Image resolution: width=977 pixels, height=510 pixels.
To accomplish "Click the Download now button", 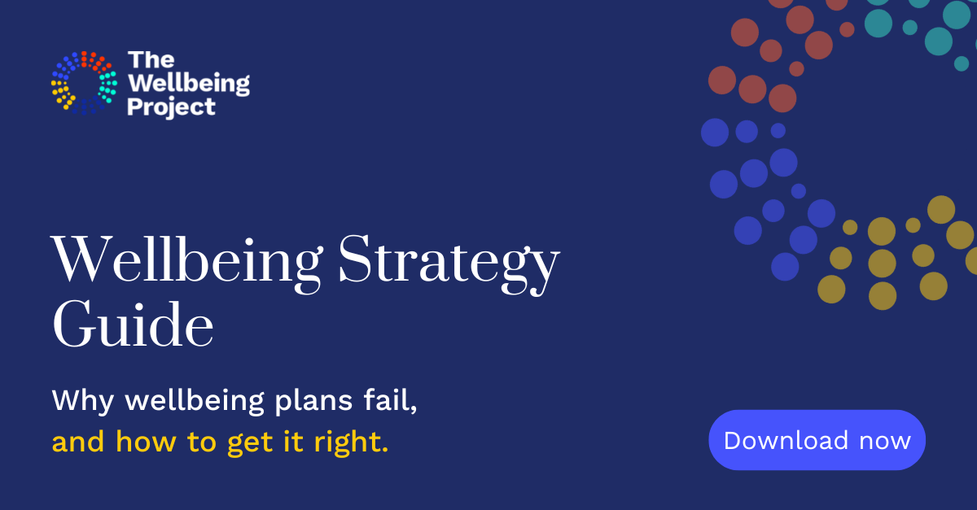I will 817,440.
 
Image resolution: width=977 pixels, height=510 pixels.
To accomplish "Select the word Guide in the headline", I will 133,325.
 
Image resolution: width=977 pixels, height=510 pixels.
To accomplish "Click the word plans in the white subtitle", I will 315,402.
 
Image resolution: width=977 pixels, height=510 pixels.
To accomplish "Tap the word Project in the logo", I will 172,107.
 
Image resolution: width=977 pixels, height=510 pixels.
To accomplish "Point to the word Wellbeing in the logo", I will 189,83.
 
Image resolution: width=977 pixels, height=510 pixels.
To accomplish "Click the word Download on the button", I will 774,440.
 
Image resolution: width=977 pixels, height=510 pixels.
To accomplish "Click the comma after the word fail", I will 414,408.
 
